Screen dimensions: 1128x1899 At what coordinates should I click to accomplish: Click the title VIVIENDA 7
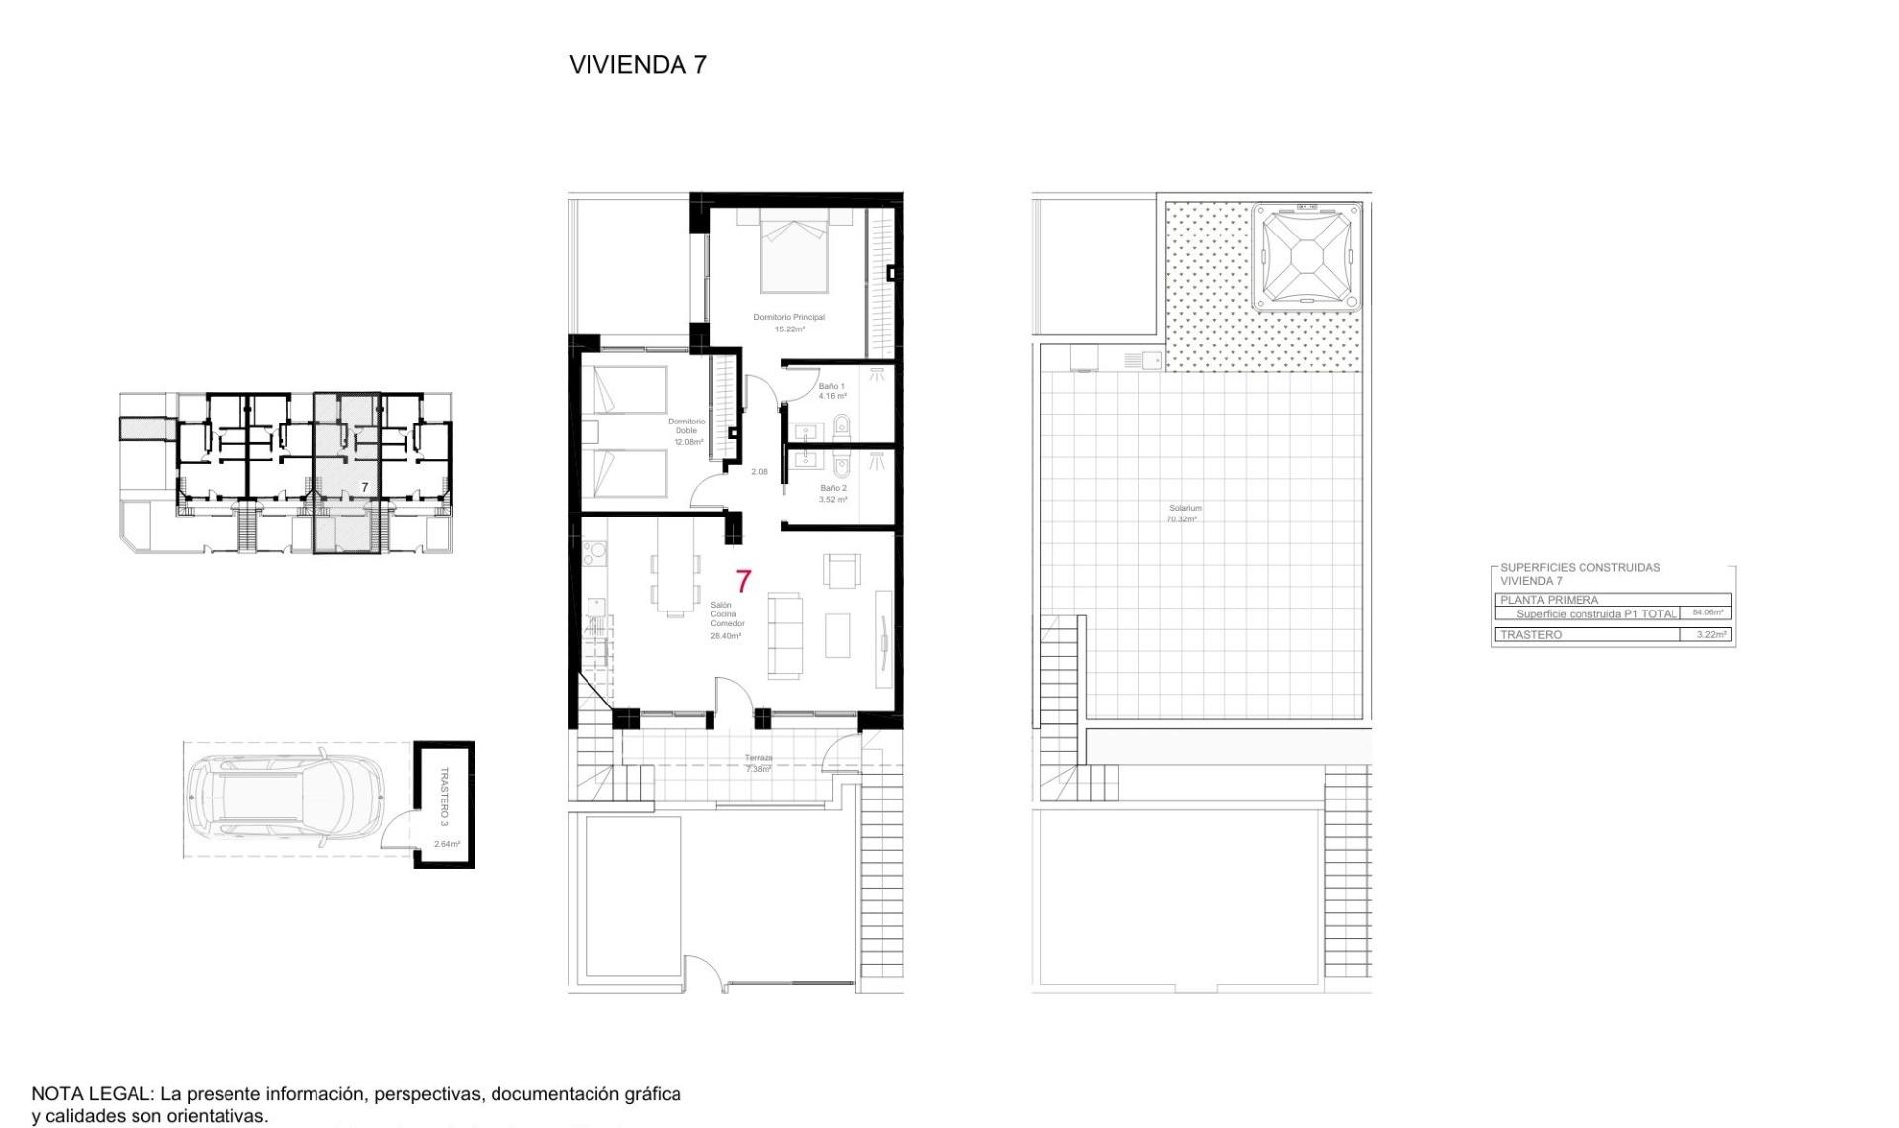[x=637, y=65]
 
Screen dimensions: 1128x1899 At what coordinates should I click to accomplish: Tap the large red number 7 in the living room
[x=743, y=581]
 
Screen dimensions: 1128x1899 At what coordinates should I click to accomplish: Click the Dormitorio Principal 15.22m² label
[x=788, y=323]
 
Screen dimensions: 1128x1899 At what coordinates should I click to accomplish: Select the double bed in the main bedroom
[x=793, y=252]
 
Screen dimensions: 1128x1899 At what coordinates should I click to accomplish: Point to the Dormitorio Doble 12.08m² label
[x=686, y=431]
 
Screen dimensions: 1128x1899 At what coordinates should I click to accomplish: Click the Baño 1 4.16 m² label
[x=831, y=391]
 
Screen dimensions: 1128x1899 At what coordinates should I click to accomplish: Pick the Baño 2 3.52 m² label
[x=833, y=493]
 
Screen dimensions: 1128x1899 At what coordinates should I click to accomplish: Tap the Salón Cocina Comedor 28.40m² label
[x=725, y=619]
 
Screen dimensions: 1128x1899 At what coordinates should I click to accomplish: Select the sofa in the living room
[x=785, y=635]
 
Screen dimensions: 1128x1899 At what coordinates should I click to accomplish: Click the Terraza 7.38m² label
[x=759, y=763]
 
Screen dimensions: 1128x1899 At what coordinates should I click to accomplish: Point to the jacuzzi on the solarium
[x=1306, y=257]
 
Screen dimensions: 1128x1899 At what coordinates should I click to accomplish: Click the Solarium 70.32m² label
[x=1184, y=513]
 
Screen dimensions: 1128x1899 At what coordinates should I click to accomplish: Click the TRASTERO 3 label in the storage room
[x=444, y=796]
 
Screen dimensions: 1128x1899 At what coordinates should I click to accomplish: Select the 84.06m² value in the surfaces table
[x=1707, y=612]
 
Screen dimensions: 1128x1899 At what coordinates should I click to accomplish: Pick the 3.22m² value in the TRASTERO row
[x=1711, y=634]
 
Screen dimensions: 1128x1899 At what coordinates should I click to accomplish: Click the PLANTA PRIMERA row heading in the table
[x=1549, y=600]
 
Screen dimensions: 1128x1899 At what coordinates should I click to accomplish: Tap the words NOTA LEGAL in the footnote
[x=92, y=1094]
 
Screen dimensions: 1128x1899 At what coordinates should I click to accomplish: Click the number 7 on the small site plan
[x=365, y=487]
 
